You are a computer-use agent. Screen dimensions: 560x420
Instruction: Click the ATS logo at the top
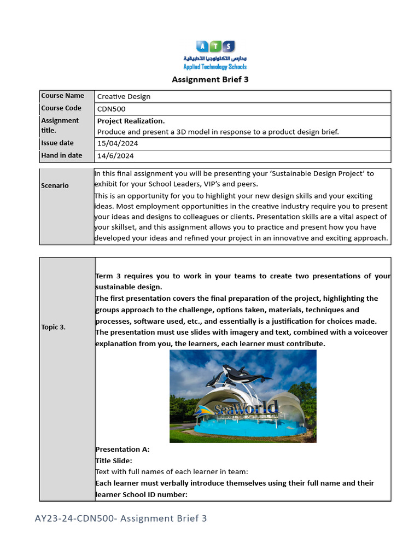[x=215, y=46]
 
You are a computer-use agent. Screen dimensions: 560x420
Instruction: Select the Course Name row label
[x=62, y=96]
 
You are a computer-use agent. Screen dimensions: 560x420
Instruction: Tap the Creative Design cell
[x=124, y=97]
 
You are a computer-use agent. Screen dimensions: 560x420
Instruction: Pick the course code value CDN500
[x=111, y=109]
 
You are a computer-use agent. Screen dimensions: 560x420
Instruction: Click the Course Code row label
[x=61, y=108]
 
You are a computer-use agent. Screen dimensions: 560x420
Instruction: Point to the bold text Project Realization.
[x=131, y=121]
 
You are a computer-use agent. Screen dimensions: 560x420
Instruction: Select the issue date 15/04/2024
[x=118, y=143]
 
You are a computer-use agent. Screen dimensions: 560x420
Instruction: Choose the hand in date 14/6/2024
[x=115, y=156]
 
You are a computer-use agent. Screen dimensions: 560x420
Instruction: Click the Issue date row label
[x=57, y=143]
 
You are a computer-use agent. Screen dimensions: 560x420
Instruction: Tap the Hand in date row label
[x=61, y=155]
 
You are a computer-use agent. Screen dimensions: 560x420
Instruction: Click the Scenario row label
[x=55, y=185]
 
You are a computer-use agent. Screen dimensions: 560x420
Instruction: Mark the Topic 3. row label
[x=54, y=327]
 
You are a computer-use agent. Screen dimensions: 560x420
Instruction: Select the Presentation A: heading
[x=122, y=450]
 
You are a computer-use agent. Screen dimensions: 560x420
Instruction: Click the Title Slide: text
[x=114, y=461]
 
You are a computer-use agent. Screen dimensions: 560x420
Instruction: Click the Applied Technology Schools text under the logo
[x=215, y=67]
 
